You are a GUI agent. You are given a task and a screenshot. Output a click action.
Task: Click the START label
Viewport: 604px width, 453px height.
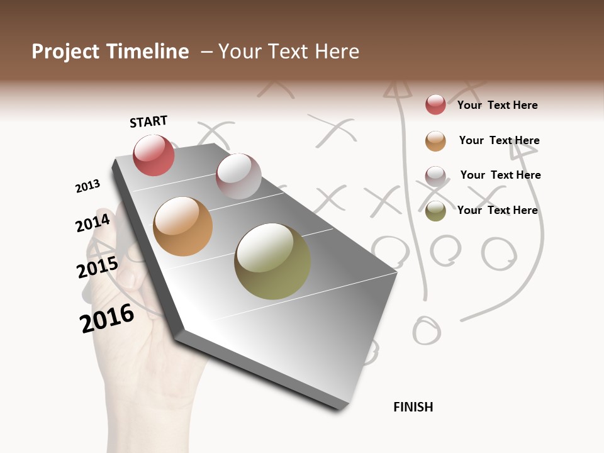pos(148,121)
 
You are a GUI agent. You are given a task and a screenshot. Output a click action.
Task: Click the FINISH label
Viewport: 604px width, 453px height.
pos(413,407)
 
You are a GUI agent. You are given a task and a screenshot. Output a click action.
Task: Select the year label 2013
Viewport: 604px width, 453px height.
pos(87,186)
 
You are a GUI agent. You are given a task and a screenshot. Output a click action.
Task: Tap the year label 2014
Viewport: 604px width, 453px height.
pos(93,223)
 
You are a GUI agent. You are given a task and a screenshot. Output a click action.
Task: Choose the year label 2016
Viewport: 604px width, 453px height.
pos(107,318)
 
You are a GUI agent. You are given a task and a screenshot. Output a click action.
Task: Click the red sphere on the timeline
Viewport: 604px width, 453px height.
pos(154,155)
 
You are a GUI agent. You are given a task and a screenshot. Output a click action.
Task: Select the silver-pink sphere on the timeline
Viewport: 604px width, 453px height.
pos(238,176)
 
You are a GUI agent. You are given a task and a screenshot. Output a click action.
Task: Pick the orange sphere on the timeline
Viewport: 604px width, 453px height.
pos(183,226)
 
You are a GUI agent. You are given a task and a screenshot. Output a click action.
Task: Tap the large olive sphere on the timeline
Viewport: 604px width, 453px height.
pos(272,261)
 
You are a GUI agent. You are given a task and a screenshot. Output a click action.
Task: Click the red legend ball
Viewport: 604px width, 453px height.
pos(435,104)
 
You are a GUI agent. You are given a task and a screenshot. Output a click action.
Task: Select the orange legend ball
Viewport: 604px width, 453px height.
pos(435,141)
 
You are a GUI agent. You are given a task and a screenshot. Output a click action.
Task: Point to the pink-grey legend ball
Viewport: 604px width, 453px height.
pos(435,176)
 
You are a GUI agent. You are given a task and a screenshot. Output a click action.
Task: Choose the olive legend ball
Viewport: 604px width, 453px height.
pos(435,211)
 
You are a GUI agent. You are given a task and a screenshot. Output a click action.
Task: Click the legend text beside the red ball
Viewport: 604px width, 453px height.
pos(498,105)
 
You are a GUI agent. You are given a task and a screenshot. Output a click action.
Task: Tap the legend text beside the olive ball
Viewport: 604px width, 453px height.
pos(498,210)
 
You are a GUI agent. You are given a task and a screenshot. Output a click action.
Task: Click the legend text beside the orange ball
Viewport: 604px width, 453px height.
pos(500,140)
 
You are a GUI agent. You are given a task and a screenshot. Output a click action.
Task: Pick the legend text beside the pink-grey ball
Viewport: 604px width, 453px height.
pos(501,175)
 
